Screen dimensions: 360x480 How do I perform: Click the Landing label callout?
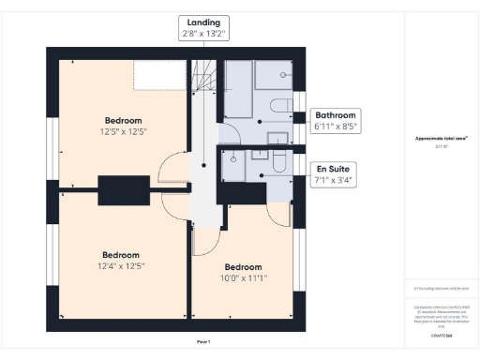point(204,27)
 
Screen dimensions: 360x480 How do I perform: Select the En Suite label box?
point(335,173)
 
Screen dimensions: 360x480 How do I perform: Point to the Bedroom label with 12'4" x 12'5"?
point(121,260)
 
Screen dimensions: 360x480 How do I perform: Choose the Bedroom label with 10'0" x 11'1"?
point(243,271)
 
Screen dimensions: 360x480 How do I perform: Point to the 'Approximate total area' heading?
point(442,139)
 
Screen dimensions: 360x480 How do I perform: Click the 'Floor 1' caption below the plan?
point(203,341)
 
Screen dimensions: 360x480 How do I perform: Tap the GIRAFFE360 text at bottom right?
point(442,333)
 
